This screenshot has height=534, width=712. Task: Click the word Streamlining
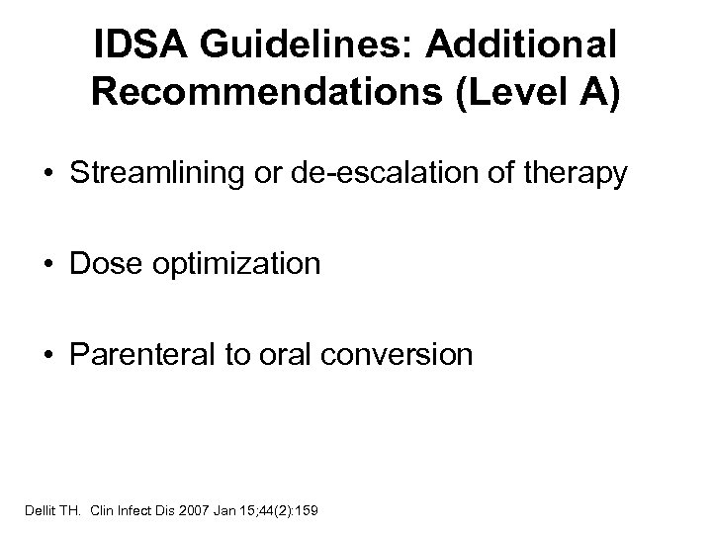click(214, 174)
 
